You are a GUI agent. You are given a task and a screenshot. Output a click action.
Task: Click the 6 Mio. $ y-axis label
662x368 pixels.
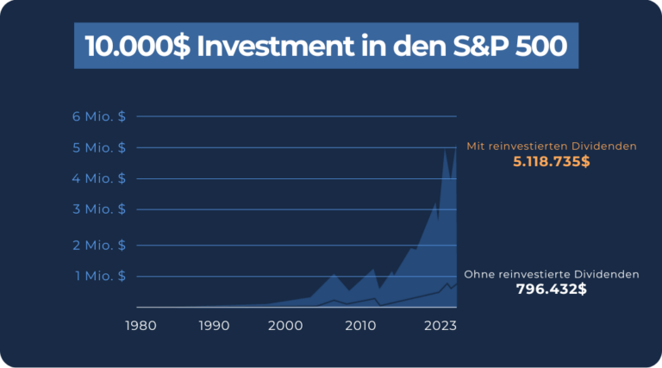tap(99, 116)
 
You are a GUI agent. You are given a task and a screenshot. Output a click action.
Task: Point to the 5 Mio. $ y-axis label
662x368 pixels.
tap(99, 147)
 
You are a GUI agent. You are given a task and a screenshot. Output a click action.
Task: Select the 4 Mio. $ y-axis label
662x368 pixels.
tap(99, 178)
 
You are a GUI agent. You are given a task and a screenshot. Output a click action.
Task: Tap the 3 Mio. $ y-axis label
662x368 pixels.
tap(99, 209)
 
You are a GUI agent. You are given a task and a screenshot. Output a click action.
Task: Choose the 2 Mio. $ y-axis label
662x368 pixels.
tap(99, 245)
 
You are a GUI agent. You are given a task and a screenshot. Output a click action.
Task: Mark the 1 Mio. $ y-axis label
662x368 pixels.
tap(99, 276)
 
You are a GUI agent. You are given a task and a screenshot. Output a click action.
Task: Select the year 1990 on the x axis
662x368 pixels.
tap(214, 326)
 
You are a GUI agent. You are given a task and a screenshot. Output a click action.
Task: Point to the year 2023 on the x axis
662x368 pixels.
tap(439, 326)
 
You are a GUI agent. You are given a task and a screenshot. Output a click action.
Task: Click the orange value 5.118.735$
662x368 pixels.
tap(552, 162)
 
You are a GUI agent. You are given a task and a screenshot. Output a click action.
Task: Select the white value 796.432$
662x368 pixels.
tap(552, 290)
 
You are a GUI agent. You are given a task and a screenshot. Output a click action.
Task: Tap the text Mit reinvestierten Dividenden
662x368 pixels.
tap(552, 147)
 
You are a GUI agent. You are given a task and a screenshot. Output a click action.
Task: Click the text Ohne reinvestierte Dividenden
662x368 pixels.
tap(552, 274)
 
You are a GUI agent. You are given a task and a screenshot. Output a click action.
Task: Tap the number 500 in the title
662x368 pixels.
tap(536, 46)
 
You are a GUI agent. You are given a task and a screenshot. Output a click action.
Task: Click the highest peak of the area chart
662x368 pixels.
tap(445, 150)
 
